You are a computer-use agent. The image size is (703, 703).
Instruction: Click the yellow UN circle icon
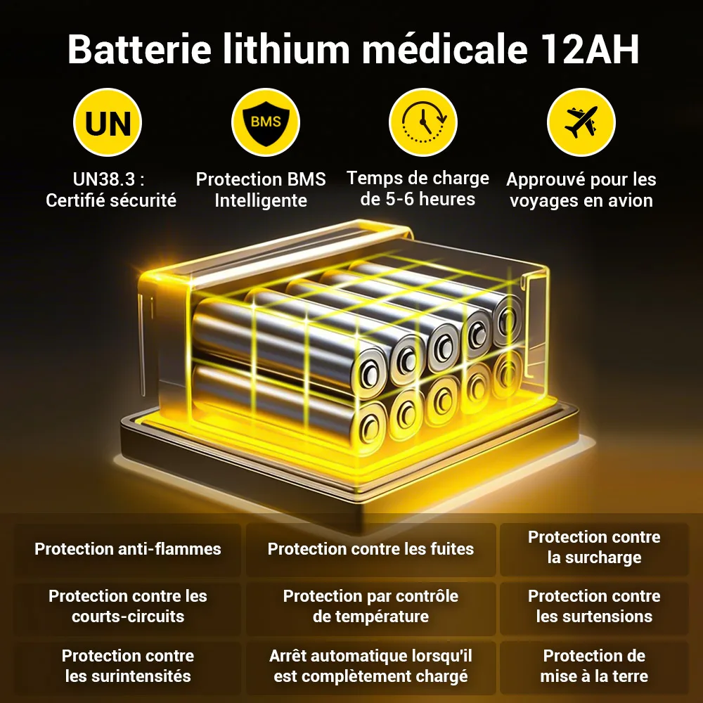108,122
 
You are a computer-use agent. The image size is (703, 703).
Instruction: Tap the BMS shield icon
266,122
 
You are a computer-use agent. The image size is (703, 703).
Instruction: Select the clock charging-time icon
423,122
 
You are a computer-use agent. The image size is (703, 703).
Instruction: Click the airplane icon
581,122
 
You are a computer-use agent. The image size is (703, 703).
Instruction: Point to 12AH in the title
590,49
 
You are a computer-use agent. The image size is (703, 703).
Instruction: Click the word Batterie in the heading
139,49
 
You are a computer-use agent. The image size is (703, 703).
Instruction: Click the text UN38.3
105,179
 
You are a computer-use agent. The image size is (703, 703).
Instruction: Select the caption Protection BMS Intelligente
261,190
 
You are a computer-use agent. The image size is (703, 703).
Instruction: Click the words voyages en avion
581,200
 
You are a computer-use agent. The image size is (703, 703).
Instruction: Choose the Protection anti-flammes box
128,550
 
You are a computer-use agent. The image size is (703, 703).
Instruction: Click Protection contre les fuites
370,550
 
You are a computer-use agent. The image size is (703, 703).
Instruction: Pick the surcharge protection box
595,550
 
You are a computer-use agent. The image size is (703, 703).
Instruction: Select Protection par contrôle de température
370,606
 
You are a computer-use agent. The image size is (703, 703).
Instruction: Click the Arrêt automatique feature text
370,666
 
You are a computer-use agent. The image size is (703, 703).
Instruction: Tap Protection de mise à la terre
595,666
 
